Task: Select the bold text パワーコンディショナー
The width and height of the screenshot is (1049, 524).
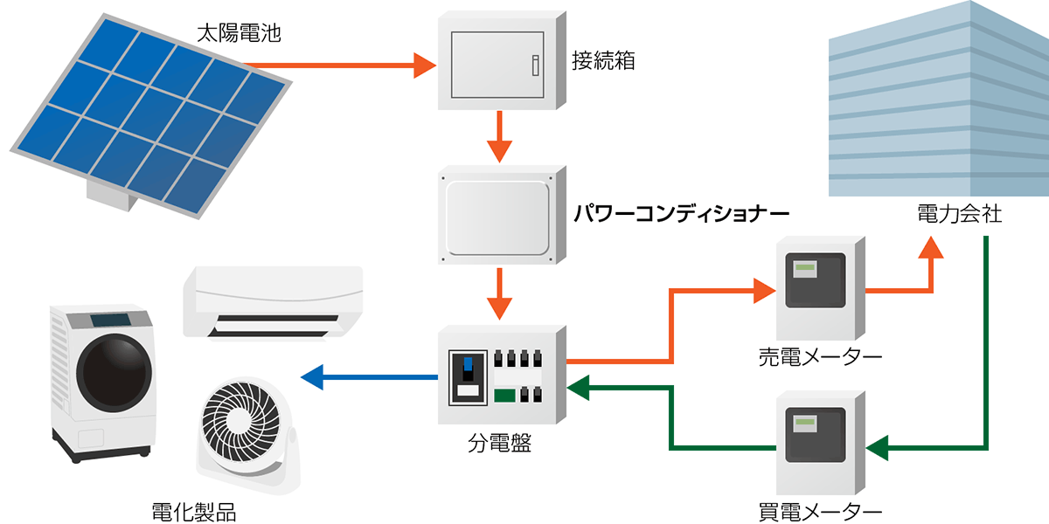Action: (681, 212)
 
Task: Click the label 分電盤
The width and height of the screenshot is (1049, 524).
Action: (499, 444)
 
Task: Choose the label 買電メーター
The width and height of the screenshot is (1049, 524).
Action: (820, 511)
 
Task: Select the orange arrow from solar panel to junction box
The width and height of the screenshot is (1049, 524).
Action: (341, 64)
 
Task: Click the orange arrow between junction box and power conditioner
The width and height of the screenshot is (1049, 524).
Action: (499, 137)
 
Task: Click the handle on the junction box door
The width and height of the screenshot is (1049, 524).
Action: (535, 63)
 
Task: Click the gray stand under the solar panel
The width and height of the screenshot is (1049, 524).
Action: (112, 196)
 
